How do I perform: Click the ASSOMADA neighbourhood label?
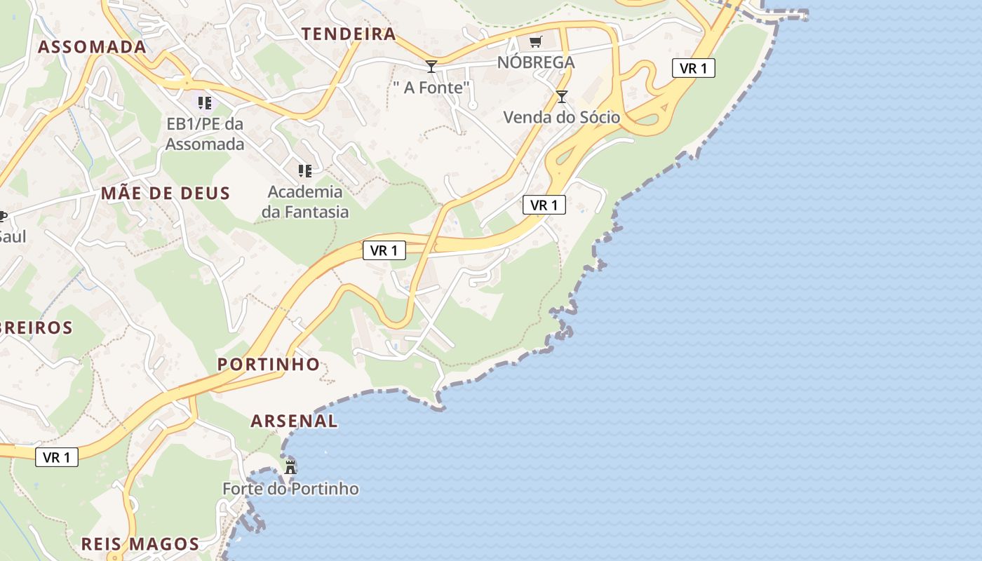click(x=92, y=47)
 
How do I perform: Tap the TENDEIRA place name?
click(x=349, y=34)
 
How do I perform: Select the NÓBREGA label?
click(x=536, y=62)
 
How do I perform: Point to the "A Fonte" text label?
click(x=431, y=88)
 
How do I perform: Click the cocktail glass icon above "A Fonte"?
click(x=431, y=67)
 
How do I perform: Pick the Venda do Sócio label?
click(x=562, y=117)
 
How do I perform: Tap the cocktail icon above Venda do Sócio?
click(x=562, y=97)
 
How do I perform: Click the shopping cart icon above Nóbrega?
click(x=536, y=42)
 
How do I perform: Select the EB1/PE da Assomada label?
click(x=205, y=134)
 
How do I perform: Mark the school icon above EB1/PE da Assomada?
click(x=205, y=103)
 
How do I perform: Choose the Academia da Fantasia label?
click(x=305, y=201)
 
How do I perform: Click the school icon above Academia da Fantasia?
click(x=305, y=170)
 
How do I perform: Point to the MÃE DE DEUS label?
click(x=166, y=194)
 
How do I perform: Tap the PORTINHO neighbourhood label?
click(x=269, y=364)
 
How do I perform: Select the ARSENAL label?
click(x=294, y=421)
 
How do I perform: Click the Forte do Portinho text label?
click(x=290, y=489)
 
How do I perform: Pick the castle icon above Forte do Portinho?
click(x=290, y=466)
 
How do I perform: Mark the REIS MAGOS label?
click(x=140, y=544)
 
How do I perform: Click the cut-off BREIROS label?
click(x=36, y=327)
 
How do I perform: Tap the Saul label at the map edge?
click(x=13, y=236)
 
